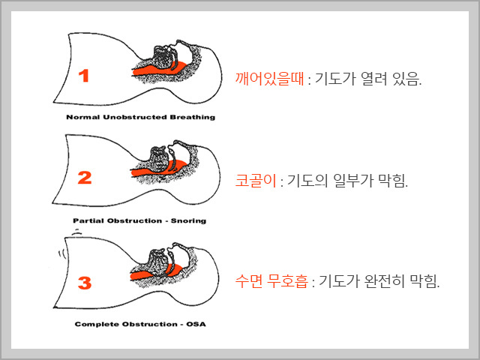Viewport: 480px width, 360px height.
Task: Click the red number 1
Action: coord(84,76)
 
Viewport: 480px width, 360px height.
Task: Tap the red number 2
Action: coord(85,178)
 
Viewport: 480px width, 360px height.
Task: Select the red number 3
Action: coord(85,283)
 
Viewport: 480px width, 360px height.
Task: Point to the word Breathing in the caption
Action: coord(193,117)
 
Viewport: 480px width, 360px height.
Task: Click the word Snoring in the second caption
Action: coord(188,221)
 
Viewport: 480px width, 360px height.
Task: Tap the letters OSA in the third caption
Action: coord(196,324)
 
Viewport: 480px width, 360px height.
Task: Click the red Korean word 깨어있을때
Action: coord(270,79)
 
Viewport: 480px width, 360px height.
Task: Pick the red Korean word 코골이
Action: coord(256,180)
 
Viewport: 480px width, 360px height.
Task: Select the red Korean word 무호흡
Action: coord(287,280)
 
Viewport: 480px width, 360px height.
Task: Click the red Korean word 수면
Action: coord(248,280)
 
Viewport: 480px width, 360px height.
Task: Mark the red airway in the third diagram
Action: coord(153,274)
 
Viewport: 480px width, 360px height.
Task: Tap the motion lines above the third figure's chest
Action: coord(76,232)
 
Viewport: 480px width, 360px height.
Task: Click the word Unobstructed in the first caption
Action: coord(135,117)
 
